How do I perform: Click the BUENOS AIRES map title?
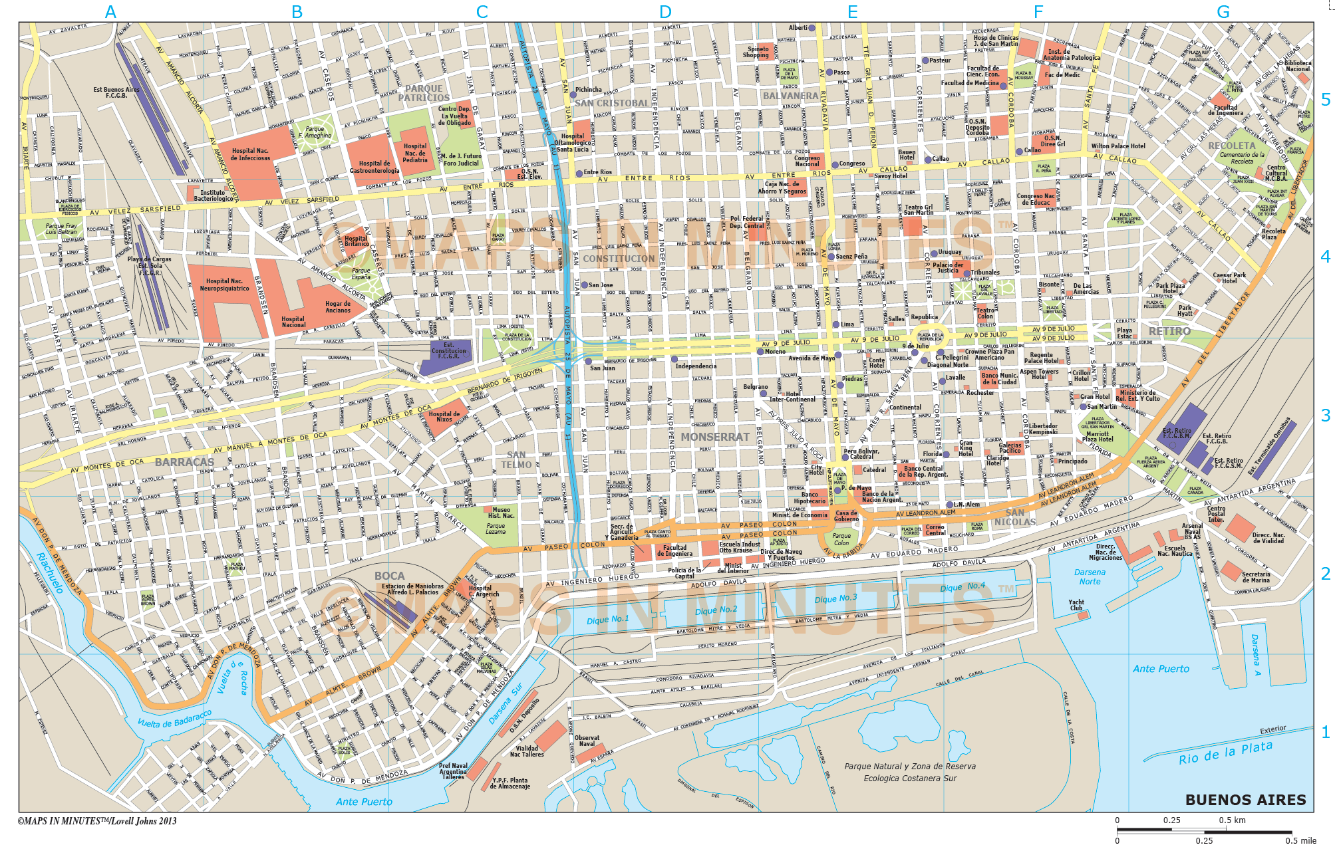(x=1245, y=800)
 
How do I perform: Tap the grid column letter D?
(x=666, y=11)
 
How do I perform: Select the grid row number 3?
(x=1325, y=416)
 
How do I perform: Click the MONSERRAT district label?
(x=715, y=437)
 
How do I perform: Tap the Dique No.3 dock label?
(x=835, y=598)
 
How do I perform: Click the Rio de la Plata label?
(x=1225, y=753)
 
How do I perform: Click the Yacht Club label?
(x=1076, y=605)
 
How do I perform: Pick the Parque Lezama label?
(x=496, y=529)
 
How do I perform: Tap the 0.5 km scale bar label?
(x=1232, y=820)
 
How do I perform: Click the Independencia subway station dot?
(x=674, y=359)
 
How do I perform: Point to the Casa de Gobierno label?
(x=847, y=516)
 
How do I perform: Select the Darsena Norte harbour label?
(x=1090, y=576)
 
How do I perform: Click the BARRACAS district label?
(x=184, y=462)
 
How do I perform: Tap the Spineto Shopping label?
(x=757, y=52)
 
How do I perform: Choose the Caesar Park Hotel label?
(x=1229, y=278)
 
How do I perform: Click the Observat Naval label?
(x=587, y=741)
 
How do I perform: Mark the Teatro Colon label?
(x=985, y=313)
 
